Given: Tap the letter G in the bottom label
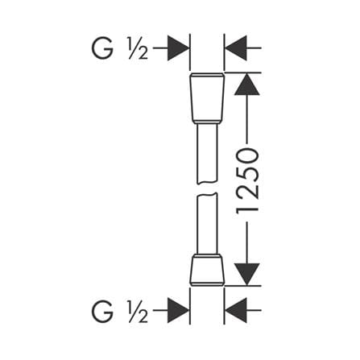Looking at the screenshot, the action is [102, 312].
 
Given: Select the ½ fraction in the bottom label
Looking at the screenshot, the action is [138, 312].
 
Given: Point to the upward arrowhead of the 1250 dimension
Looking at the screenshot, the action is [247, 85].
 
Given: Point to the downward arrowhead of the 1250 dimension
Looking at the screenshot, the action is [247, 274].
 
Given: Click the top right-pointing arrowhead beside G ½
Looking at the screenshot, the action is [178, 48].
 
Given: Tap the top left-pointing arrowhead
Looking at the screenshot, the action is [236, 48].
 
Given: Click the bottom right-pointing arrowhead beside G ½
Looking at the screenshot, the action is [178, 310].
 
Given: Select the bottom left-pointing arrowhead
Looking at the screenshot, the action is [236, 310].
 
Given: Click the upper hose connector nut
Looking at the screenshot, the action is [207, 97].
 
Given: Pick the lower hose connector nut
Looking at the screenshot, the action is [207, 271].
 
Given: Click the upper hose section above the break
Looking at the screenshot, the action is [207, 154].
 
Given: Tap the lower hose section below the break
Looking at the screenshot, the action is [207, 223].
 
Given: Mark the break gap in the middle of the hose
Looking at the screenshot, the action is [207, 188].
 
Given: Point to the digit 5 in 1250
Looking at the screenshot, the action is [247, 175].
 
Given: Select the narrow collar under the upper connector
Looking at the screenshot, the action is [207, 123].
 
